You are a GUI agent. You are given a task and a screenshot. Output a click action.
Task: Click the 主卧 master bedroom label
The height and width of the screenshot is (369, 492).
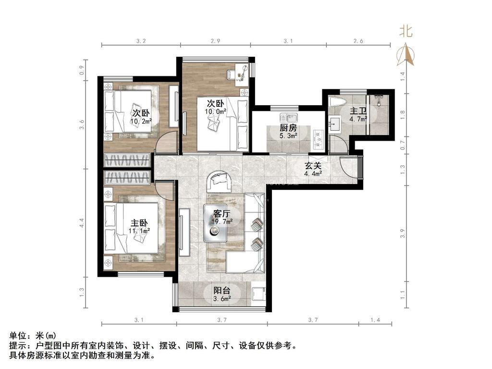(x=139, y=223)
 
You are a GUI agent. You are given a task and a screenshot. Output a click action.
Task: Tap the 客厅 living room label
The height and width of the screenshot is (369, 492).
(x=221, y=214)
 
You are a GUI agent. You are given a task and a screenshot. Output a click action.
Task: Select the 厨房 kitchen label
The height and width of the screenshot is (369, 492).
(x=288, y=128)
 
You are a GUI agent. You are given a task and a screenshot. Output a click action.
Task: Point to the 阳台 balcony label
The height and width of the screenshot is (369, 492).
(x=222, y=291)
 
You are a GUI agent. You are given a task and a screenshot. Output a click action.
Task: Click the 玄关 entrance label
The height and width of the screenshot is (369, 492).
(x=313, y=166)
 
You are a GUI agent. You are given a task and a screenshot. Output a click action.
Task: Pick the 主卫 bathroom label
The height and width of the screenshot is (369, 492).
(x=358, y=111)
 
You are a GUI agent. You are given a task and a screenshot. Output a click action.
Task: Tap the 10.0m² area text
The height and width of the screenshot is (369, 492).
(x=216, y=111)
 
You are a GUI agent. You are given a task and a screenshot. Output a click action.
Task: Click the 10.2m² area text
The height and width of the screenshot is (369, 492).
(x=141, y=121)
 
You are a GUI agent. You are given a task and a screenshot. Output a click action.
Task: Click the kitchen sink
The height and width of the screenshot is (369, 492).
(x=289, y=118)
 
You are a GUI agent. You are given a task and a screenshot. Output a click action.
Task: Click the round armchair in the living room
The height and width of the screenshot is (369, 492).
(x=219, y=181)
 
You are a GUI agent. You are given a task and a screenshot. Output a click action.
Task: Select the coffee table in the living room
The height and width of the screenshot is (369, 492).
(x=216, y=223)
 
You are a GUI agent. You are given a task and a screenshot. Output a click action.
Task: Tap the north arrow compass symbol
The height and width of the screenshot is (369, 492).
(x=406, y=55)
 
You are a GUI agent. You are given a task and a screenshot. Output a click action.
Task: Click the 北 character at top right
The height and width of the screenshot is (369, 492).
(x=406, y=31)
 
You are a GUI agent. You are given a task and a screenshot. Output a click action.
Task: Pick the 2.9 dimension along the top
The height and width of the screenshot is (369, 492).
(x=215, y=41)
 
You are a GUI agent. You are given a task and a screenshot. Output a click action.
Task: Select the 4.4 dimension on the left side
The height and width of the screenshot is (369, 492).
(x=82, y=223)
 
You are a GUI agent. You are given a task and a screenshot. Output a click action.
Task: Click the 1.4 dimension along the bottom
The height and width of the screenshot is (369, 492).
(x=375, y=320)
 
